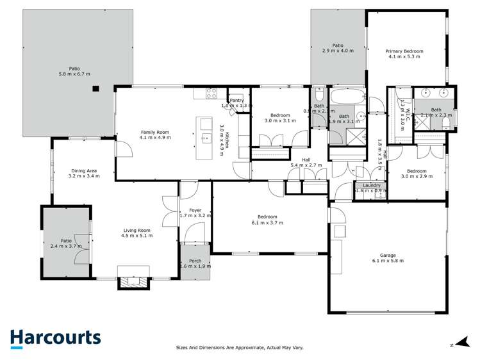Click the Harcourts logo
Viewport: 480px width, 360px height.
coord(55,339)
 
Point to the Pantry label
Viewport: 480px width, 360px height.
coord(236,100)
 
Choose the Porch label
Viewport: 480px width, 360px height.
coord(195,260)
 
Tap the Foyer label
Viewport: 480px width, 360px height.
coord(195,210)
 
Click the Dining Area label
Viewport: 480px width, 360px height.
coord(83,170)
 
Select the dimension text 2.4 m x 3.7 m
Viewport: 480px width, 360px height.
coord(65,246)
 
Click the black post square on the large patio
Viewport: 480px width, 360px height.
coord(95,89)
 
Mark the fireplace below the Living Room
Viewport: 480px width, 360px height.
coord(133,281)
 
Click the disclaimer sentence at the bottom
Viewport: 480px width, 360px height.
coord(240,348)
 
